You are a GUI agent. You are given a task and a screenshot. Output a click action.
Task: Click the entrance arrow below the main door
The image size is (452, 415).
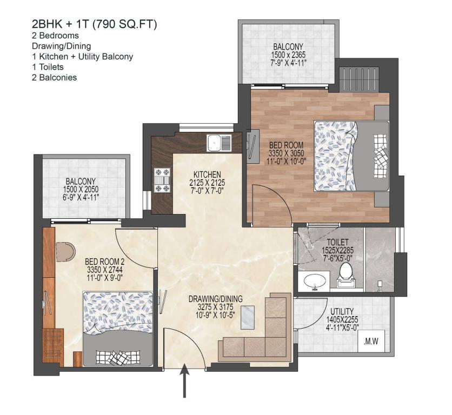pos(184,380)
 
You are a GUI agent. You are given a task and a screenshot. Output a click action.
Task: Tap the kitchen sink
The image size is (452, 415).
pos(219,143)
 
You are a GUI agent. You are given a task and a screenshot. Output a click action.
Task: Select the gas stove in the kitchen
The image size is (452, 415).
pos(162,180)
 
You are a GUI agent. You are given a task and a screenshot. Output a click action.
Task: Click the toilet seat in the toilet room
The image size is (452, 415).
pos(344,276)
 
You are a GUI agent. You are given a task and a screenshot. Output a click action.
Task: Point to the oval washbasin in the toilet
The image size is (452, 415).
pos(315,280)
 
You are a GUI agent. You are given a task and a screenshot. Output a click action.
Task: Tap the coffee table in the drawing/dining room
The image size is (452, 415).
pos(247,317)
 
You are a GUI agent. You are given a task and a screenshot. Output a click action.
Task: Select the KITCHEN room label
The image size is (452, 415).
pos(207,175)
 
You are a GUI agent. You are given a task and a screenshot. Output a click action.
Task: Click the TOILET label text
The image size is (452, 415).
pos(337,242)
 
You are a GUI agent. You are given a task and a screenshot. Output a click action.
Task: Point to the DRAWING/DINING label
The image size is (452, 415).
pos(215,299)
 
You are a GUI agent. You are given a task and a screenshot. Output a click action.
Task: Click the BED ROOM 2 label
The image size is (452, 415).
pos(104,262)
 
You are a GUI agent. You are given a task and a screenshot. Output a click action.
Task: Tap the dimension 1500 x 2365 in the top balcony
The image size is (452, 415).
pos(288,55)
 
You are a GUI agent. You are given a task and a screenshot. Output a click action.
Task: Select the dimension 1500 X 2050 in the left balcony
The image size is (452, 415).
pos(81,189)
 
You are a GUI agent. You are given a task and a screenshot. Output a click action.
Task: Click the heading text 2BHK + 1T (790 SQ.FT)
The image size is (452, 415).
pos(95,24)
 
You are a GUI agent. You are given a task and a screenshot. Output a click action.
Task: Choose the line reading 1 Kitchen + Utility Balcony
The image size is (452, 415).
pos(82,57)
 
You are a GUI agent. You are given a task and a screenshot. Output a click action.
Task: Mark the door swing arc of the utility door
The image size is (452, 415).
pos(317,318)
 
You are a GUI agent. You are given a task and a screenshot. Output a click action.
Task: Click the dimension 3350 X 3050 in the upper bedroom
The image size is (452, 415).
pos(286,153)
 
